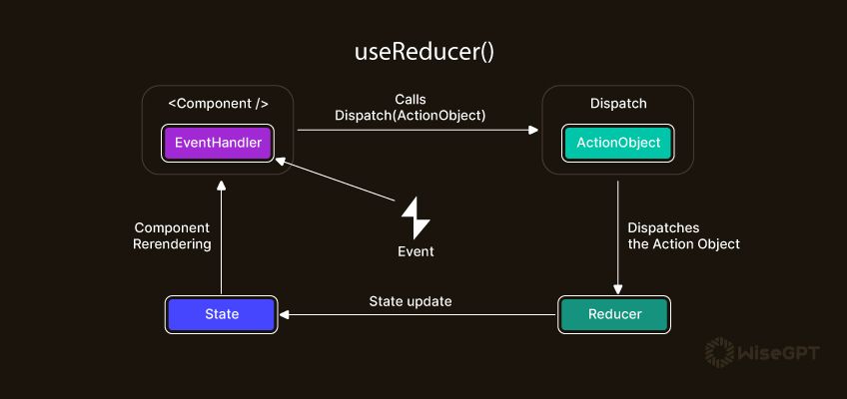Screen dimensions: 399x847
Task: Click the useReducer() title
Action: tap(423, 52)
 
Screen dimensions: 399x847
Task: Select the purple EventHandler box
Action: tap(218, 143)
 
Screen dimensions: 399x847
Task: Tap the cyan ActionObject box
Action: tap(617, 143)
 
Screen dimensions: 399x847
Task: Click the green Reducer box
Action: tap(614, 314)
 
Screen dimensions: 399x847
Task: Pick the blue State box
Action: tap(222, 314)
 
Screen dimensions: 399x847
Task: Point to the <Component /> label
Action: tap(218, 103)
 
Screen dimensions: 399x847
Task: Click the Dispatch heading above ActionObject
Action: tap(618, 103)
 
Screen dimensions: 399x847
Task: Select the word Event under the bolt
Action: tap(416, 251)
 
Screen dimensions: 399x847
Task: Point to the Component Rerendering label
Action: tap(172, 235)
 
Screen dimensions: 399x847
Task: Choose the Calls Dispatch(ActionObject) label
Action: tap(410, 108)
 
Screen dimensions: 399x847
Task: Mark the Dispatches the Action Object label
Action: tap(683, 235)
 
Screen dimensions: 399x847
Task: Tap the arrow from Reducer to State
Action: tap(420, 315)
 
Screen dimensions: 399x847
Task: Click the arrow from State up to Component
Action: tap(222, 239)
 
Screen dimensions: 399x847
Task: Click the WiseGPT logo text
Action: tap(778, 352)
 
